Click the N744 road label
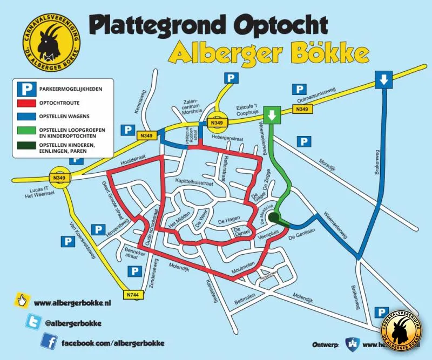[x=133, y=295]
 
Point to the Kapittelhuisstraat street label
[x=194, y=183]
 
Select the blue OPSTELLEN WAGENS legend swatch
[x=25, y=116]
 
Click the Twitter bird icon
[x=33, y=322]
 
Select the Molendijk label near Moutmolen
[x=179, y=265]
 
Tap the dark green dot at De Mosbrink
[x=274, y=218]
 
